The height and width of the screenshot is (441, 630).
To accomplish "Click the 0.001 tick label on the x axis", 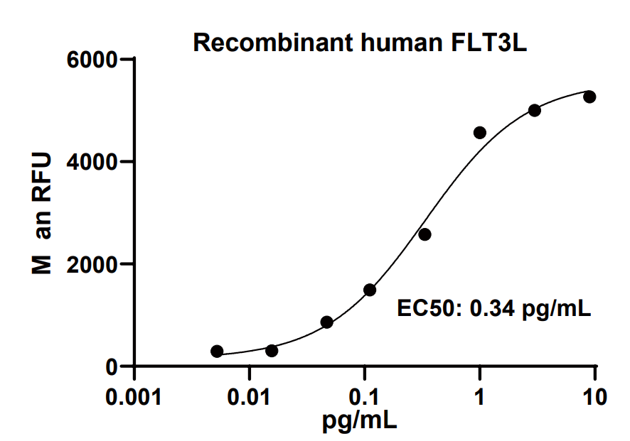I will [134, 396].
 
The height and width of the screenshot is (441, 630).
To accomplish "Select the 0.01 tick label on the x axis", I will [249, 396].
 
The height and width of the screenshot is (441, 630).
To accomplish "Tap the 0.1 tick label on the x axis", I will [364, 396].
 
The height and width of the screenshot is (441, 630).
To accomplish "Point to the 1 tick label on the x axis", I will [480, 396].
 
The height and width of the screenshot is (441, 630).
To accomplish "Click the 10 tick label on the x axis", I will [595, 396].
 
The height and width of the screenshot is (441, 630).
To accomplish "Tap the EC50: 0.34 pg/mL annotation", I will [493, 309].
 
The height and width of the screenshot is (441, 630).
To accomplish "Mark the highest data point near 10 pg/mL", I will [589, 97].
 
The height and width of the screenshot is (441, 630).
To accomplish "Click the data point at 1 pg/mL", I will [480, 133].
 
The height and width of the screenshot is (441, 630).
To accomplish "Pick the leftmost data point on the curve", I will [217, 352].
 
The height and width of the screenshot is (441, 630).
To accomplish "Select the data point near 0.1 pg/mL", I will [370, 290].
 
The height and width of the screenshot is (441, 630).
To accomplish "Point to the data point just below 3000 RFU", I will [425, 234].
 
